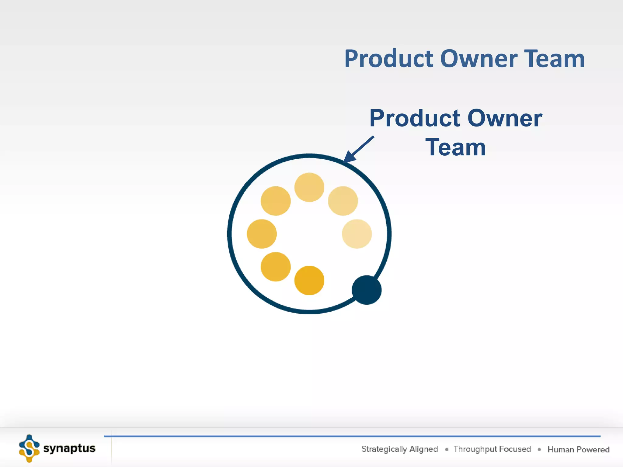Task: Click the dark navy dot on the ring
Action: click(x=367, y=290)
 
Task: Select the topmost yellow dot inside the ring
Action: click(x=309, y=187)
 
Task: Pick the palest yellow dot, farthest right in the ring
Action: click(x=357, y=234)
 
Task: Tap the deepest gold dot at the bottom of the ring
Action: click(x=309, y=280)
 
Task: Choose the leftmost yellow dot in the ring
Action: click(x=262, y=234)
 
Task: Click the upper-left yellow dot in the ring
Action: click(x=276, y=201)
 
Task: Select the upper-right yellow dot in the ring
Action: click(x=343, y=201)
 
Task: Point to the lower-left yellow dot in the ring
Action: click(x=276, y=267)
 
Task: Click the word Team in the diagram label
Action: click(x=455, y=147)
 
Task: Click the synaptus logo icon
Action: click(x=29, y=448)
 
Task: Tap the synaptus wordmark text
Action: click(x=69, y=448)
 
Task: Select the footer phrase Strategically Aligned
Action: click(x=399, y=449)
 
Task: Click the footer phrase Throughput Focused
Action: click(x=492, y=449)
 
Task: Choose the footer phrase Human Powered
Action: click(x=578, y=449)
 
